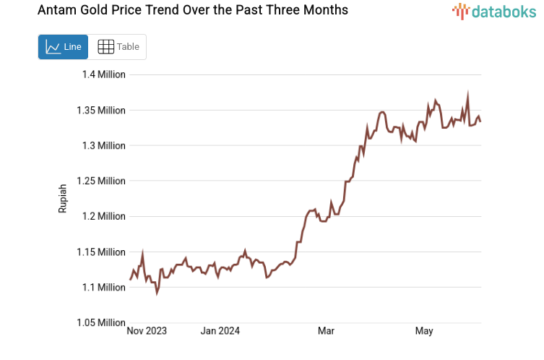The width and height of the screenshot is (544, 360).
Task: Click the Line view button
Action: pyautogui.click(x=63, y=47)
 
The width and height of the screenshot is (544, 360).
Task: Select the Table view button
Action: pyautogui.click(x=118, y=47)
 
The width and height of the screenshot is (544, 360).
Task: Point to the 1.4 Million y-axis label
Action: pyautogui.click(x=103, y=74)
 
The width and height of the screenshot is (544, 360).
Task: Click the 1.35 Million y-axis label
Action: pyautogui.click(x=101, y=111)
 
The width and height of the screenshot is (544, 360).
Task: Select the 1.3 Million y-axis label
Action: pyautogui.click(x=103, y=145)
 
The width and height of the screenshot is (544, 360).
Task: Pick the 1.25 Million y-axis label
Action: pyautogui.click(x=101, y=181)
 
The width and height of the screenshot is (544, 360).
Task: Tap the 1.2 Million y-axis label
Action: pyautogui.click(x=103, y=216)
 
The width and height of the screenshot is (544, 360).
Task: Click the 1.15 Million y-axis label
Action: pyautogui.click(x=101, y=252)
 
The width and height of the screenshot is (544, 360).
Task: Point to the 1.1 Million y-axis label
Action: pyautogui.click(x=103, y=287)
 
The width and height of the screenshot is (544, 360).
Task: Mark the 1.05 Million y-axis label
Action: pyautogui.click(x=101, y=322)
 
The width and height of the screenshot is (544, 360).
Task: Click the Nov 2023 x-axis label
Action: pyautogui.click(x=147, y=331)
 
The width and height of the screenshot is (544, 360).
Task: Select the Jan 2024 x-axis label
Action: pyautogui.click(x=220, y=331)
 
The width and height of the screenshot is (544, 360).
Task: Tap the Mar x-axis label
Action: pyautogui.click(x=326, y=331)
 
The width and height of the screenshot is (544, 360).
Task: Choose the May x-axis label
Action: pyautogui.click(x=424, y=331)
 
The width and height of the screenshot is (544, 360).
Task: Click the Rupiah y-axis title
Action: pyautogui.click(x=63, y=198)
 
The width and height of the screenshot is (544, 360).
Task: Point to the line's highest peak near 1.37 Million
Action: pyautogui.click(x=468, y=94)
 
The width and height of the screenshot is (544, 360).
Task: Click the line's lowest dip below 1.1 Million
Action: pyautogui.click(x=157, y=293)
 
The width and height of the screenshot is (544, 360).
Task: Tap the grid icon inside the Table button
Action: pyautogui.click(x=105, y=47)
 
